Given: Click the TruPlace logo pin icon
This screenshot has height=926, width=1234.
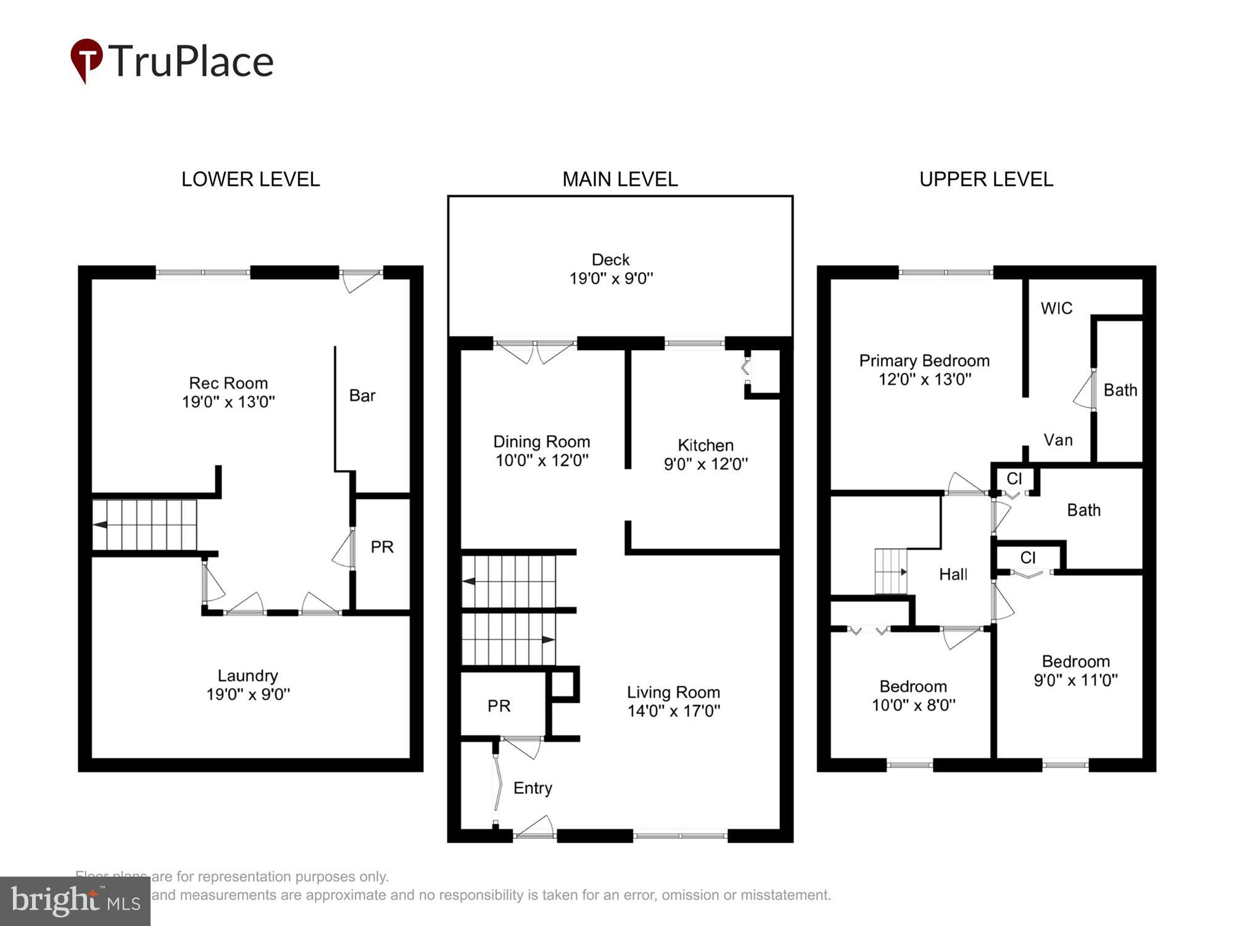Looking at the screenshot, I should pos(86,59).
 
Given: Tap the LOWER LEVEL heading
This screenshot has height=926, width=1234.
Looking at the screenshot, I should pos(250,180).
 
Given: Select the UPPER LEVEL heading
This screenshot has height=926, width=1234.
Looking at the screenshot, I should pos(985,180).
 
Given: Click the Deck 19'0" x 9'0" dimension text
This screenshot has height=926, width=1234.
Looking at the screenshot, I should pos(610,278).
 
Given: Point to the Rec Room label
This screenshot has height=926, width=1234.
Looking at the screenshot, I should pos(228,383).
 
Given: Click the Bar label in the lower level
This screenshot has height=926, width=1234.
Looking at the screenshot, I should pos(362,396).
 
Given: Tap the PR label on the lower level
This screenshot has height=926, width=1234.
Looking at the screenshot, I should pos(381,547).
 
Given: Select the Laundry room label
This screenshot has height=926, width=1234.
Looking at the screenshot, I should pos(247,675).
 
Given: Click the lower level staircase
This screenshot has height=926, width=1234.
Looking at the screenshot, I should pos(145,525).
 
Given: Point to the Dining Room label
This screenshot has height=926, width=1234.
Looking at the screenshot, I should pos(541,441).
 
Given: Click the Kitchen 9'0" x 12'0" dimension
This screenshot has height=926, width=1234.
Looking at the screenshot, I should pos(705,464).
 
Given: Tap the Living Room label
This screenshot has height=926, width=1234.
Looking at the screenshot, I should pos(673,692).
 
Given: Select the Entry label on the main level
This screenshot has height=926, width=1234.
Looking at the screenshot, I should pos(532,788).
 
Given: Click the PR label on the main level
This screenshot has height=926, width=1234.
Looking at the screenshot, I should pos(499,706).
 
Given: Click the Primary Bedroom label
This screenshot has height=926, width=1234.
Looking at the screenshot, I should pos(924,361).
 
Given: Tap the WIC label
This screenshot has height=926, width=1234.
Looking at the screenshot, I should pos(1056,308).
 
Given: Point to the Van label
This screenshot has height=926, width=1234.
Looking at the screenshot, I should pos(1058,440).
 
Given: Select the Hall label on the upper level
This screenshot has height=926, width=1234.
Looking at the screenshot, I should pos(953,575).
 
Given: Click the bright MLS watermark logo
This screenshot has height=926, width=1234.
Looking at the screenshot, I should pos(75,901).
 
